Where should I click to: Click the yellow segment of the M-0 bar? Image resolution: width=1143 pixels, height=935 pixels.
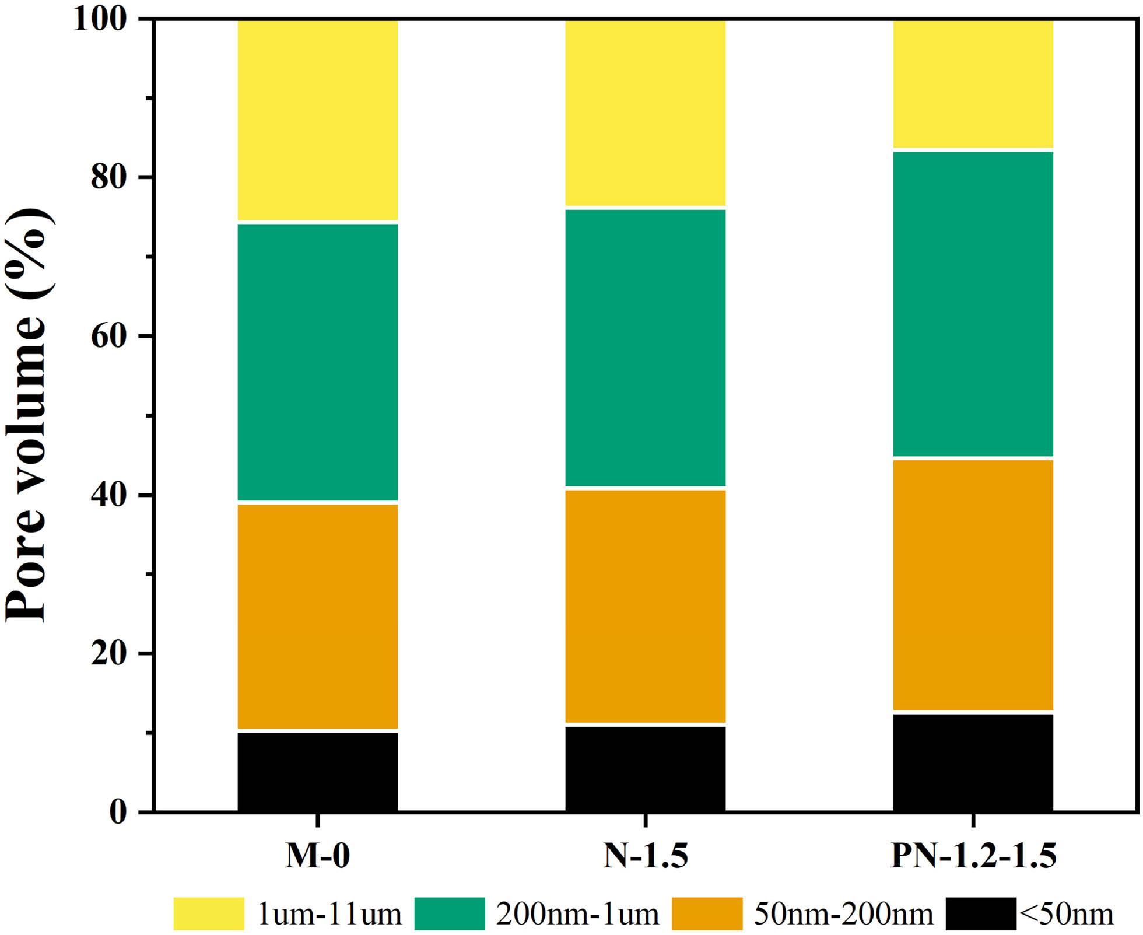317,120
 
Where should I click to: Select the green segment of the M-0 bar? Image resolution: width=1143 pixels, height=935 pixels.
317,362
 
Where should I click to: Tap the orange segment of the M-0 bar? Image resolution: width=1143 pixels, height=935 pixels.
317,615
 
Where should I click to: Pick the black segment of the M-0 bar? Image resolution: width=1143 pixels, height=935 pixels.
317,771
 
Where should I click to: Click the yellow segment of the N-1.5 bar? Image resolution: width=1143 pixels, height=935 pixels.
646,113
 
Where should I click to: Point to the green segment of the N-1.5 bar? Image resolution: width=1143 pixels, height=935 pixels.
646,347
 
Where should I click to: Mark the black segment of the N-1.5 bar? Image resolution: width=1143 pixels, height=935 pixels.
646,768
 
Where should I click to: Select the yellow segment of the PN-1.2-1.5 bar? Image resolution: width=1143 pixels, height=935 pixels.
973,84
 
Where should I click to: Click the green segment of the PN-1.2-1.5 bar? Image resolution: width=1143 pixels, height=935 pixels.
973,304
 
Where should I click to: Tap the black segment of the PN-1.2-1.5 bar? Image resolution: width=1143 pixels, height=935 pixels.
973,762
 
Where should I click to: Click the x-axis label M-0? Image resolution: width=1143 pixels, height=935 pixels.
317,856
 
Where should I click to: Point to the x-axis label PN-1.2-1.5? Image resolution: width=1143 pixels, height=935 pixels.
973,856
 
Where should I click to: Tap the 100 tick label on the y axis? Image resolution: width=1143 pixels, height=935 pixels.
100,19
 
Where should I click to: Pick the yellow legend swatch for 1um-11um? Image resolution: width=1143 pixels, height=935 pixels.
209,913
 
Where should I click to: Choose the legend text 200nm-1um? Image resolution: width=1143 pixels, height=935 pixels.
577,914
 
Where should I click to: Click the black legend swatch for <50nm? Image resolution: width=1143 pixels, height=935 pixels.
981,913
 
